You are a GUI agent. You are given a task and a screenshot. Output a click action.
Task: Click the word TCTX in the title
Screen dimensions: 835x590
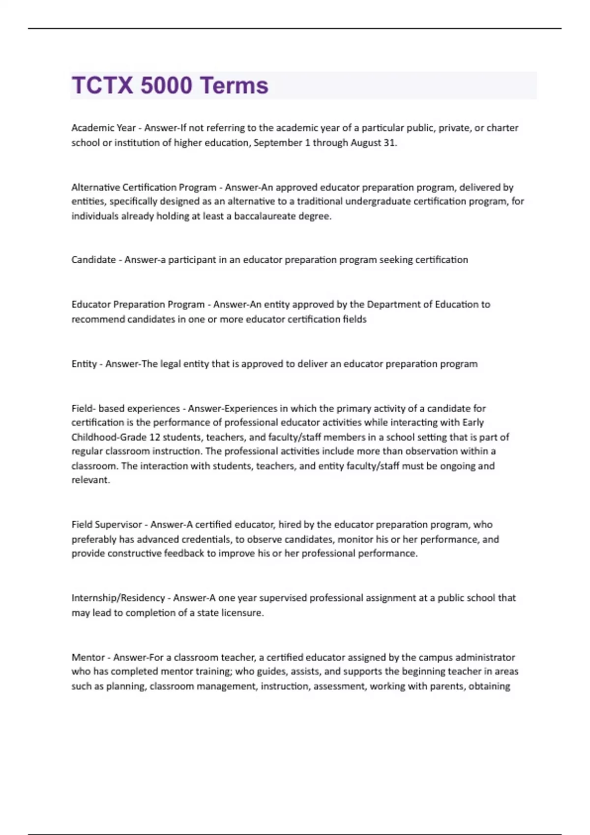102,85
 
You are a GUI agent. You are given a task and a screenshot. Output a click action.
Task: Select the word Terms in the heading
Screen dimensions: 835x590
234,85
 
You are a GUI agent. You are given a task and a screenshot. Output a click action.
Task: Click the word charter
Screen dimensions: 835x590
502,128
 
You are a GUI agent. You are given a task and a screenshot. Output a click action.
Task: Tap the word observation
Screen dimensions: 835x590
432,451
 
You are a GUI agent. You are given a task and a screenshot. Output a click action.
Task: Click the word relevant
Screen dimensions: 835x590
90,480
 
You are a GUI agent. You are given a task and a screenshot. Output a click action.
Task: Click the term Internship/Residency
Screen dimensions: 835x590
118,598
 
